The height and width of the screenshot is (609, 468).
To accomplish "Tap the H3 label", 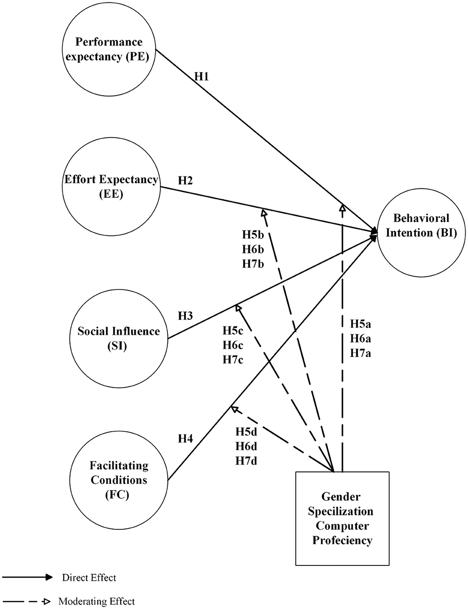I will (186, 316).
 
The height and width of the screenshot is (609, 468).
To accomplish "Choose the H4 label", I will (186, 439).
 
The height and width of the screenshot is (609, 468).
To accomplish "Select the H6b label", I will (253, 249).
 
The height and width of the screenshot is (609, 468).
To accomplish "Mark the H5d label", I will (247, 431).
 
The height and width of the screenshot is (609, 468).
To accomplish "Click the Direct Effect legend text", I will (89, 577).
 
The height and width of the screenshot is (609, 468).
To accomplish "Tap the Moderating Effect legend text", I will (96, 600).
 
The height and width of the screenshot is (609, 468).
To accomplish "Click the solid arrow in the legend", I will (28, 577).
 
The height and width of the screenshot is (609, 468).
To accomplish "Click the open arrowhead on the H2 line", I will (263, 211).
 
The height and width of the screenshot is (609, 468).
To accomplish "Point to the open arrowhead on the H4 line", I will (233, 409).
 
